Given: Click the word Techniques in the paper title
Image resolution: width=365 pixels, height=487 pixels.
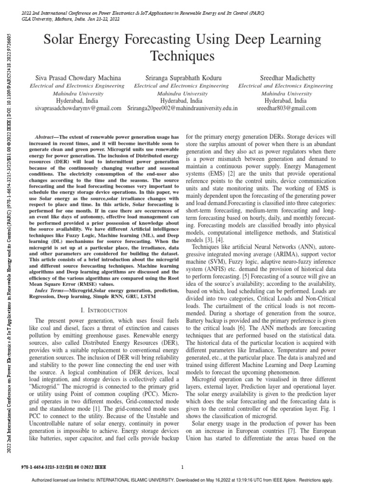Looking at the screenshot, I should (x=182, y=57).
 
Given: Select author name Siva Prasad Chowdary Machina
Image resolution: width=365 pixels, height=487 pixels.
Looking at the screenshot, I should (x=75, y=78).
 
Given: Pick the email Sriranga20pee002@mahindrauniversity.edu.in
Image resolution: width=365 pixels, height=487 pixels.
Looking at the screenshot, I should (x=183, y=108).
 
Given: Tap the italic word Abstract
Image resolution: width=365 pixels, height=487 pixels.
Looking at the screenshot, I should (x=46, y=136).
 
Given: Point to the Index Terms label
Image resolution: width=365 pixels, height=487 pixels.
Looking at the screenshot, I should (x=52, y=277).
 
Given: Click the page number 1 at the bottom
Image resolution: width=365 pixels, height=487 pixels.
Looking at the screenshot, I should (x=182, y=468).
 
